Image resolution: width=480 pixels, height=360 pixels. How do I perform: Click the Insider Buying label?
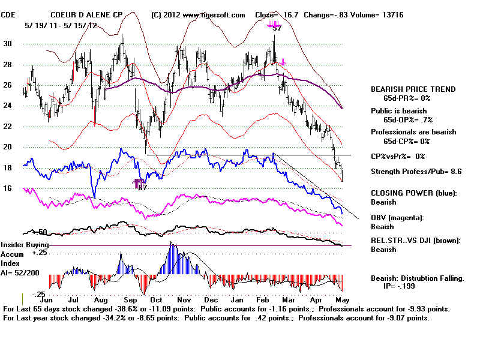point(24,245)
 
